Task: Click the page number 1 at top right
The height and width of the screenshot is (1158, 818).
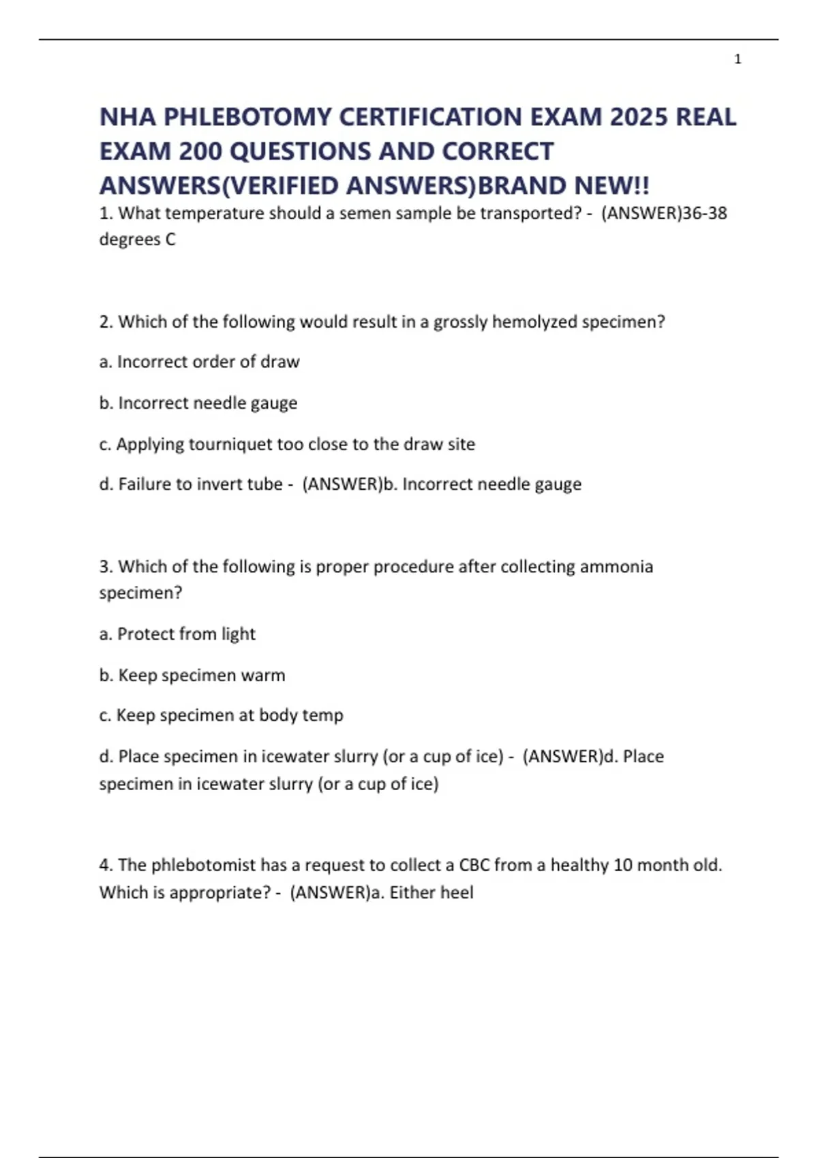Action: [738, 59]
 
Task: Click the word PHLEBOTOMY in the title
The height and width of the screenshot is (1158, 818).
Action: [247, 117]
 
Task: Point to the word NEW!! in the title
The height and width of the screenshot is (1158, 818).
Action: [612, 185]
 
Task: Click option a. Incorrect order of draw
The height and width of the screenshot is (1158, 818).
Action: [199, 362]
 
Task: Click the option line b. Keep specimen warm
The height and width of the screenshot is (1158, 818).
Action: [192, 675]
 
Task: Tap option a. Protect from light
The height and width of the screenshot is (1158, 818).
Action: [177, 634]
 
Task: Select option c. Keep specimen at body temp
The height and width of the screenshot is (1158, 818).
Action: [221, 715]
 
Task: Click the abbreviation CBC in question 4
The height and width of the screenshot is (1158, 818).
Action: [474, 865]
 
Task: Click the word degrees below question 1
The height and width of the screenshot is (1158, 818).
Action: [130, 240]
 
